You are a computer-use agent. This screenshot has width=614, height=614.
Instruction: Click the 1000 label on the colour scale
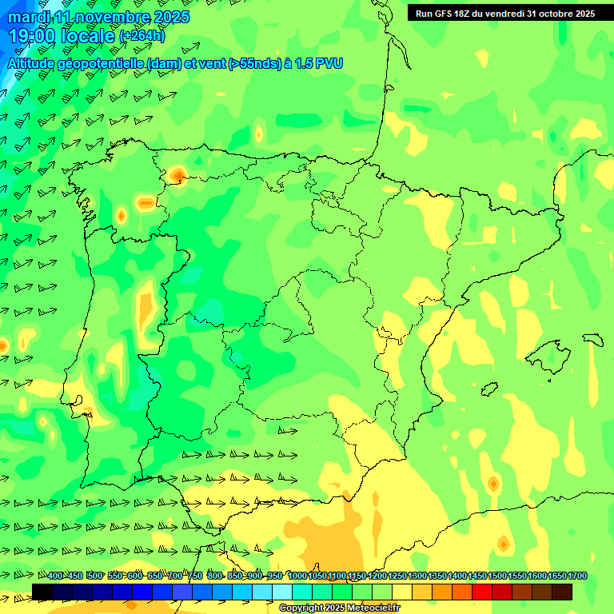click(297, 576)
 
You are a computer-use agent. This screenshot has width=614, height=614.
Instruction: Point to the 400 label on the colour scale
click(55, 576)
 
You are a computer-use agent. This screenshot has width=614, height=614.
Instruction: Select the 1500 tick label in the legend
click(497, 576)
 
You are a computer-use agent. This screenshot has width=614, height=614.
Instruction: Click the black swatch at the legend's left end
click(42, 592)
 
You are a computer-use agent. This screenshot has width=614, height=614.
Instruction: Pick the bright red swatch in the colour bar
click(482, 592)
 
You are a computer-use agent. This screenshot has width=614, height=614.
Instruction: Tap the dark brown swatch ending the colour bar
click(562, 592)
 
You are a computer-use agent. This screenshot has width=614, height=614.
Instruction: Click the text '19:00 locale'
click(62, 36)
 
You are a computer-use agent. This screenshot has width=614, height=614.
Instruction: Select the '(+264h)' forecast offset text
click(142, 36)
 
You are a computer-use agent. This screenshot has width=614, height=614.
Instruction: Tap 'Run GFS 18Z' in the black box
click(447, 14)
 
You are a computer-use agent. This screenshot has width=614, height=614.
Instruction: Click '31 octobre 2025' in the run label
click(560, 14)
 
